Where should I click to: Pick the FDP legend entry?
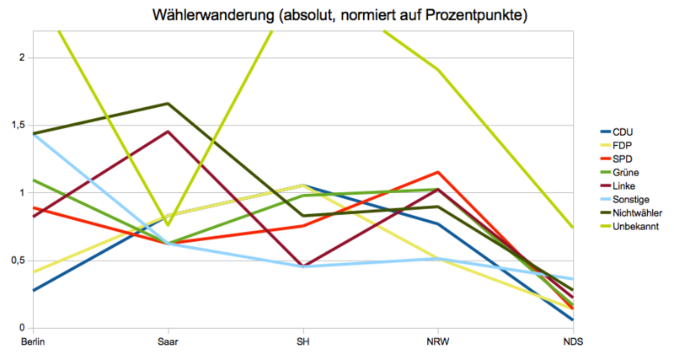coord(622,145)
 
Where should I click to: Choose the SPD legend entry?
coord(622,159)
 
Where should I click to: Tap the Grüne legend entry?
coord(624,172)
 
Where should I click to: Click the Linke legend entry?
coord(623,185)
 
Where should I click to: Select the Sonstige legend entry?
coord(629,200)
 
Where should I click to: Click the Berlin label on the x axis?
coord(33,341)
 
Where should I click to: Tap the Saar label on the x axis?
coord(167,341)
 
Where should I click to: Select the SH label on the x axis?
coord(302,341)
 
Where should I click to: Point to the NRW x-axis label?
coord(437,341)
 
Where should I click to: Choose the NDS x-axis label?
coord(572,341)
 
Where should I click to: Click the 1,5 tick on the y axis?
coord(18,125)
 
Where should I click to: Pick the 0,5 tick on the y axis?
coord(18,261)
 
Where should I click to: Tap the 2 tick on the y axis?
coord(24,57)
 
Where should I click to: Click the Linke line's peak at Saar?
coord(168,131)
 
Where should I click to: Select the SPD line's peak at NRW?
coord(437,172)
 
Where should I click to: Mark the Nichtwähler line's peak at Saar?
coord(168,104)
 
